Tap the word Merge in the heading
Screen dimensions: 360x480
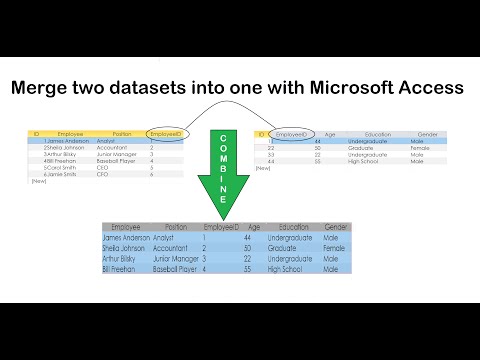pos(43,88)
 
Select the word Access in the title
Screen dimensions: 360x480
pos(429,88)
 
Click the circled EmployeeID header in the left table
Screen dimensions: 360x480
pos(164,133)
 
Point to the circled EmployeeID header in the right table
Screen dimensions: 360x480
pos(291,133)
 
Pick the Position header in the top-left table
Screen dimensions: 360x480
pos(122,133)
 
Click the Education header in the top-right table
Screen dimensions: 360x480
pos(378,133)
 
